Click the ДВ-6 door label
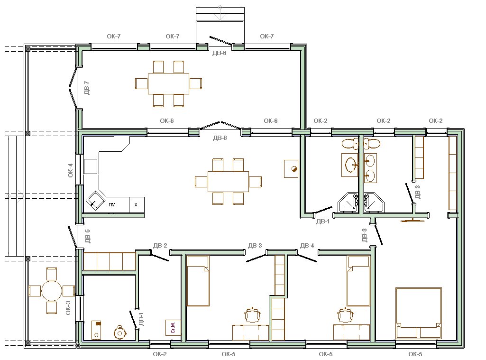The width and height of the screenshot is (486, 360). coord(219,53)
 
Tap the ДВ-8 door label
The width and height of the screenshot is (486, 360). coord(220,138)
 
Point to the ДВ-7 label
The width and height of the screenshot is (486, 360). coord(87,88)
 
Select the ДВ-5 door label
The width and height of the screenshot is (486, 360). coord(87,236)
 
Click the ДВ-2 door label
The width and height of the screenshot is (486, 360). coord(160,246)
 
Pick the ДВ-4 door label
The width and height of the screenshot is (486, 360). coord(307,246)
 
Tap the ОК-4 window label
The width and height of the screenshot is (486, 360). coord(71,171)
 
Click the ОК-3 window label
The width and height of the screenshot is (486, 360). coord(68,308)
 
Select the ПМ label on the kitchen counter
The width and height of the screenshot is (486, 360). coord(112,204)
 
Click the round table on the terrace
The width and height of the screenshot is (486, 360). coord(52,291)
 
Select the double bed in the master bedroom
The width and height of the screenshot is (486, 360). coord(418,313)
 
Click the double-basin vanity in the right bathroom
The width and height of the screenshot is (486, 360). coord(370,168)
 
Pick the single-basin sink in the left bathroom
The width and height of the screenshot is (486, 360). coord(350,165)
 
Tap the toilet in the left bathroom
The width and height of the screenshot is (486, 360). coord(350,144)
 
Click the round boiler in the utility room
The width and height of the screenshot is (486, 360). coord(120,332)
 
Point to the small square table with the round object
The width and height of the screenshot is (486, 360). coord(291,169)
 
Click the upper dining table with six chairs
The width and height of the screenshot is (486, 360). coord(169,84)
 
